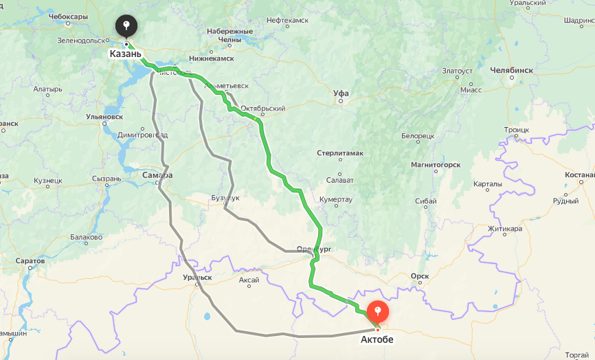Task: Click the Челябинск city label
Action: (512, 70)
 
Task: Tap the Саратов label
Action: (30, 261)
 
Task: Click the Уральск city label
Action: (197, 278)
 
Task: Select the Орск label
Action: (419, 276)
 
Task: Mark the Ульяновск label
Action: (104, 117)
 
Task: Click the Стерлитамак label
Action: (340, 153)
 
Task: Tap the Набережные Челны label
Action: (229, 35)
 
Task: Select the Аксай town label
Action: (249, 280)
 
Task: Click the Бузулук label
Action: (225, 198)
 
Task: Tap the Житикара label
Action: (505, 229)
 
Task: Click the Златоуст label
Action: (458, 71)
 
